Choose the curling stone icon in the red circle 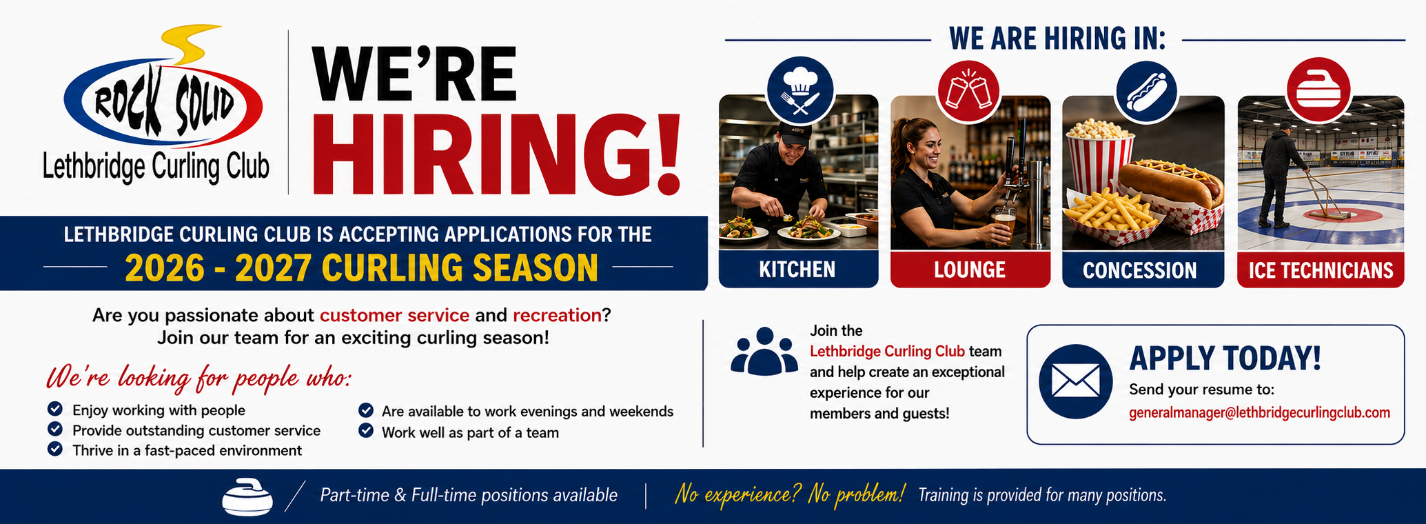coord(1318,90)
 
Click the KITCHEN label coord(797,270)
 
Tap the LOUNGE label coord(970,270)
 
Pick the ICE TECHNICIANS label coord(1321,270)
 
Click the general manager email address coord(1259,413)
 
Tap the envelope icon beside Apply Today coord(1075,381)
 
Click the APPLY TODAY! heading coord(1225,359)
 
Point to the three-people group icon coord(764,352)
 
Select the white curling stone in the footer coord(247,496)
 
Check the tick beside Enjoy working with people coord(55,409)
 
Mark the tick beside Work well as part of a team coord(366,431)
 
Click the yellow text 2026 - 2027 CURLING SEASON coord(361,268)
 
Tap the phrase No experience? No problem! coord(789,494)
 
